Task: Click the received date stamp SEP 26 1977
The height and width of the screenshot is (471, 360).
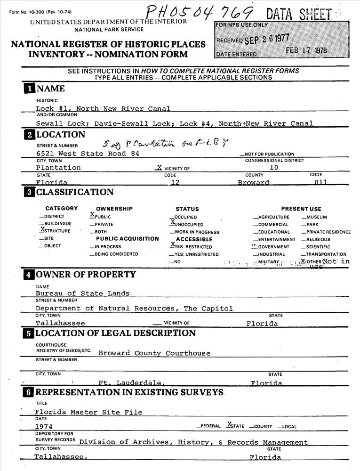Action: coord(267,39)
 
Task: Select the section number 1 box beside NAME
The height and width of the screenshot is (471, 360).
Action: coord(29,89)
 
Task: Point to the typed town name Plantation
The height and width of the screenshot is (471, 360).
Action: coord(58,167)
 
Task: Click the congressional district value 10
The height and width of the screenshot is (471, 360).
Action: coord(274,167)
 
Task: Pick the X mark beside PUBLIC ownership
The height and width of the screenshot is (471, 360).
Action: coord(92,215)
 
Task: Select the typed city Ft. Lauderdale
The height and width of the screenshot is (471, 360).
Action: coord(131,383)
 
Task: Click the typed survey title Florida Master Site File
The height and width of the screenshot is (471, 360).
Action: coord(88,412)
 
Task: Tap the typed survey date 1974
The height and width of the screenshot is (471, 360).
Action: coord(44,426)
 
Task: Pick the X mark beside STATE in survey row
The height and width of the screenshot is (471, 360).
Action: coord(229,424)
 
